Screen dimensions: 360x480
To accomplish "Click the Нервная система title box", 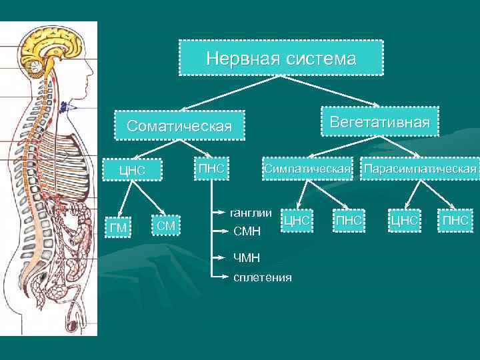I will (281, 58).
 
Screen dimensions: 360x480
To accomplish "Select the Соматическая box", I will (179, 126).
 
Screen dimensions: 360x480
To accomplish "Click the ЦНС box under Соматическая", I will (131, 170).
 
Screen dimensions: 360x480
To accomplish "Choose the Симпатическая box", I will (307, 169).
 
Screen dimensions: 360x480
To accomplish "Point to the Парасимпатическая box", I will (420, 169).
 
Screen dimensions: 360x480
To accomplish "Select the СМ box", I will (166, 226).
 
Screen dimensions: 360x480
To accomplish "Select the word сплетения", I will (262, 277).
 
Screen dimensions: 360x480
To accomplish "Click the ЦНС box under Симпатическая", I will (296, 219).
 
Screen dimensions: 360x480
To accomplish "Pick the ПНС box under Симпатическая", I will (349, 219).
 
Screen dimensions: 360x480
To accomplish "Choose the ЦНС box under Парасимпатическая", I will (404, 219).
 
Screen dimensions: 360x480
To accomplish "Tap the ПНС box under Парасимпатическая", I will (456, 219).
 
